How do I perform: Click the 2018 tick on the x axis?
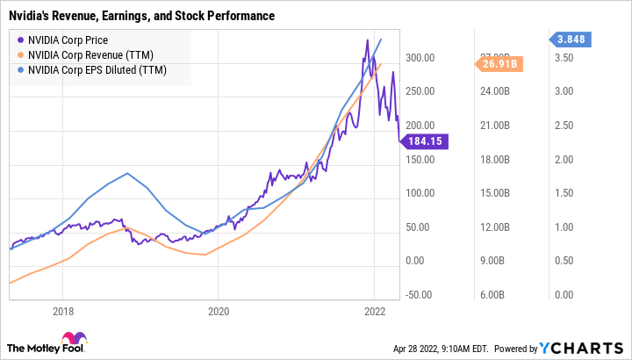pyautogui.click(x=62, y=311)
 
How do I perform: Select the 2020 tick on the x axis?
pyautogui.click(x=219, y=311)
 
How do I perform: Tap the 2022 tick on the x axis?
pyautogui.click(x=375, y=311)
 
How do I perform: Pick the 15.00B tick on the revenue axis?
pyautogui.click(x=492, y=193)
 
